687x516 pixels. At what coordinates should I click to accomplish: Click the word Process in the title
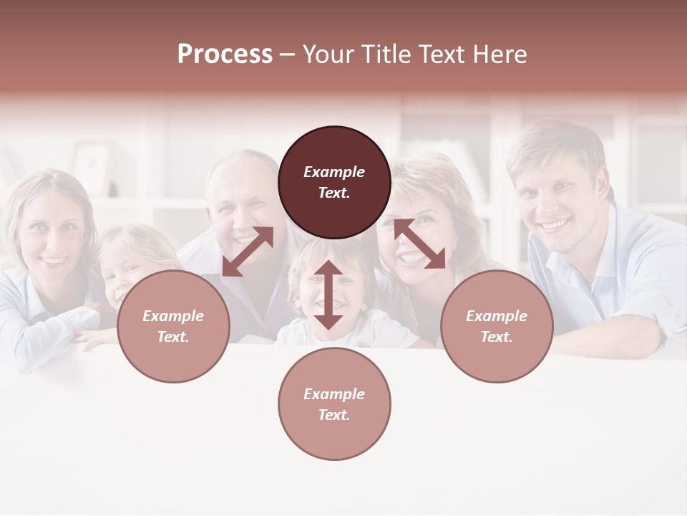pos(225,54)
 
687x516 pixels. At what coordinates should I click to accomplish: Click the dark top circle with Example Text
pos(334,182)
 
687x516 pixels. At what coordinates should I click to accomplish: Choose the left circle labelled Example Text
pos(173,326)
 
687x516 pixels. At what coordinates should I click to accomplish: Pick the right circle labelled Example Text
pos(497,326)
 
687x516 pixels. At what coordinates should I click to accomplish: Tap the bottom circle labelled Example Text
pos(334,404)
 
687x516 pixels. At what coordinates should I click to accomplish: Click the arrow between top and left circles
pos(248,251)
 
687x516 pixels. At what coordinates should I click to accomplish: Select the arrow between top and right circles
pos(419,244)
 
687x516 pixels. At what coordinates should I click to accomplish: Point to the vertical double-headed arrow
pos(328,295)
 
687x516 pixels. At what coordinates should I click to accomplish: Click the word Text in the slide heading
pos(442,54)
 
